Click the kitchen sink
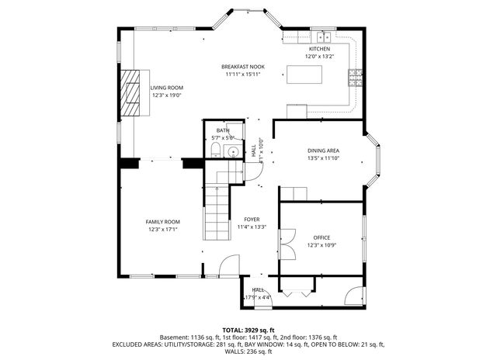(x=324, y=36)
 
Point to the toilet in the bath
(x=215, y=149)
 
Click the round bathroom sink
(x=231, y=151)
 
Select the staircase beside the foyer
(x=217, y=209)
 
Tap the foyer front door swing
(x=229, y=265)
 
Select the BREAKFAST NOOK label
(x=242, y=67)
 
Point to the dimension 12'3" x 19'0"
(x=166, y=95)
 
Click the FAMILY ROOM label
(x=163, y=222)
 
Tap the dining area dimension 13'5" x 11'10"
(x=323, y=157)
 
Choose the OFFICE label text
(x=321, y=237)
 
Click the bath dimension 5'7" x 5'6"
(x=222, y=137)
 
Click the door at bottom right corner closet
(x=354, y=296)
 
